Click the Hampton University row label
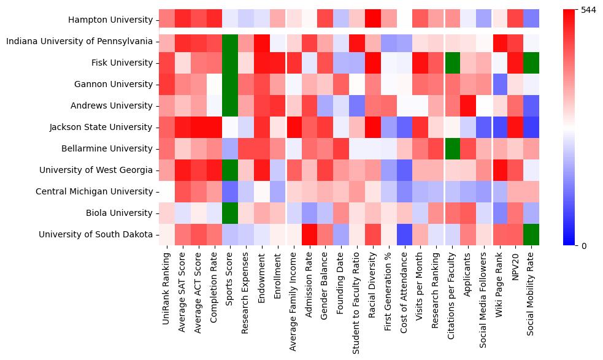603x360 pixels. pyautogui.click(x=111, y=20)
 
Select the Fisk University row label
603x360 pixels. pyautogui.click(x=123, y=63)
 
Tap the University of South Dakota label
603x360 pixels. pyautogui.click(x=96, y=234)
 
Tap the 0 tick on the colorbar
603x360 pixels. pyautogui.click(x=583, y=245)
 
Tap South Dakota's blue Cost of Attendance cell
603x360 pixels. pyautogui.click(x=405, y=234)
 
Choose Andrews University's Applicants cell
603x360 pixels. pyautogui.click(x=469, y=105)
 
